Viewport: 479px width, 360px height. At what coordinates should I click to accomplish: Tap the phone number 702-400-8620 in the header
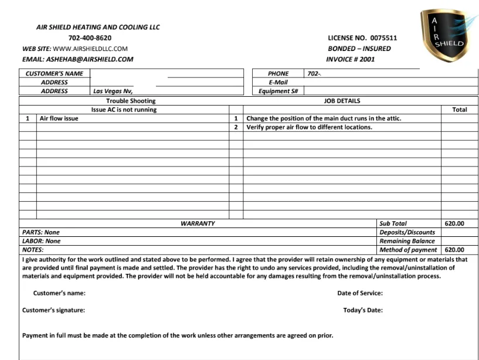pyautogui.click(x=90, y=38)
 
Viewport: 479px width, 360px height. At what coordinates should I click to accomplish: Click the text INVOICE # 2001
pyautogui.click(x=351, y=59)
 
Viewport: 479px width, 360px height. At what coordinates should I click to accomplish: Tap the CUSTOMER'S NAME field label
pyautogui.click(x=55, y=74)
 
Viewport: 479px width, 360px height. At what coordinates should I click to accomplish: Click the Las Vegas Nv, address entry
pyautogui.click(x=113, y=91)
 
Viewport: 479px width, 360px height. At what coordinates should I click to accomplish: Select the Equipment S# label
pyautogui.click(x=278, y=91)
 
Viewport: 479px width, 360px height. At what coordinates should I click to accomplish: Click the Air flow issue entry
pyautogui.click(x=59, y=118)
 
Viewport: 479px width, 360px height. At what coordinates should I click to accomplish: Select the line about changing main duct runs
pyautogui.click(x=324, y=118)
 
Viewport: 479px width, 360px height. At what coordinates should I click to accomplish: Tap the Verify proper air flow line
pyautogui.click(x=309, y=127)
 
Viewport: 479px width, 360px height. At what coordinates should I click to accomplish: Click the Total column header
pyautogui.click(x=459, y=110)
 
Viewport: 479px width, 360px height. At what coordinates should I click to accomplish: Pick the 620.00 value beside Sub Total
pyautogui.click(x=454, y=223)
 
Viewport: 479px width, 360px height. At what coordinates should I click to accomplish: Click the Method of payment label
pyautogui.click(x=408, y=250)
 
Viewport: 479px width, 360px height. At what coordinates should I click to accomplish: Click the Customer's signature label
pyautogui.click(x=53, y=310)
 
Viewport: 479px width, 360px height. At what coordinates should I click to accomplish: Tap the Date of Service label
pyautogui.click(x=360, y=293)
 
